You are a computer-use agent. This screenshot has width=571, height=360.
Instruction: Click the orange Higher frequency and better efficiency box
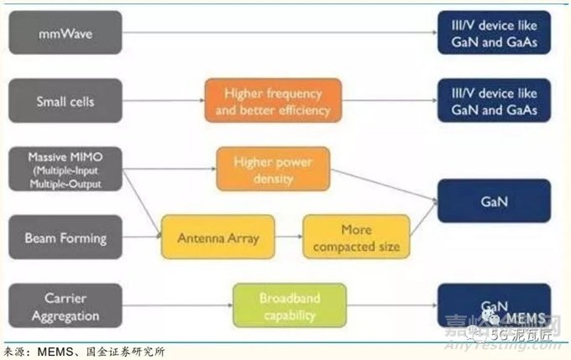pos(273,101)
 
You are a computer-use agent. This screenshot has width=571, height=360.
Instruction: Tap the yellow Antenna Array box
pos(217,237)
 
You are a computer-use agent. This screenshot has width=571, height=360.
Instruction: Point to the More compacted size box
pos(356,237)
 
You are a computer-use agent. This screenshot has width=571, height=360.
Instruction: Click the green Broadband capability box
pos(289,305)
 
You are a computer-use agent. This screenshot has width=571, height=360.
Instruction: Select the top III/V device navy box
pos(494,34)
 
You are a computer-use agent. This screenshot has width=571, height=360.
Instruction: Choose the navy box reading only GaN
pos(494,201)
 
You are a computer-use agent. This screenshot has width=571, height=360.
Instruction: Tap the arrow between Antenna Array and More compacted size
pos(288,237)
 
